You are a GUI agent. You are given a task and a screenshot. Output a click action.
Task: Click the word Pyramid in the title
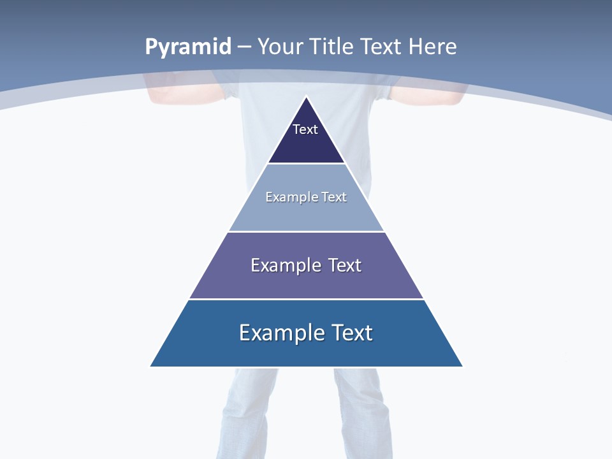coord(188,47)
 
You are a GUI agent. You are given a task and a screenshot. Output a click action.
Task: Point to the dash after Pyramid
coord(244,47)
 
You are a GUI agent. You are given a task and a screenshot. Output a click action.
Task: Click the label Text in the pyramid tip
coord(305,129)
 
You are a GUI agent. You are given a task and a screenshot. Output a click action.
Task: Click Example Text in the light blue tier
coord(306,197)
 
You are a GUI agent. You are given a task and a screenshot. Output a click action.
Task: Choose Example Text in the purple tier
coord(306,265)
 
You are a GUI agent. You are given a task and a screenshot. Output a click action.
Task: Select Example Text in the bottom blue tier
coord(306,333)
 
